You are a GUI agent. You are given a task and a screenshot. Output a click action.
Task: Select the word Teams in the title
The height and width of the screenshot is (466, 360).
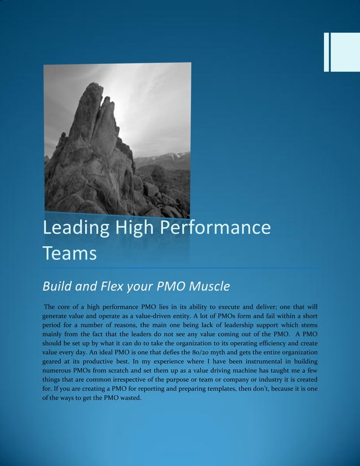click(69, 253)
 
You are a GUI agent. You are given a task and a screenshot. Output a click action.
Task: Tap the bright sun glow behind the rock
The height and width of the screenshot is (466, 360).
click(121, 113)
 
